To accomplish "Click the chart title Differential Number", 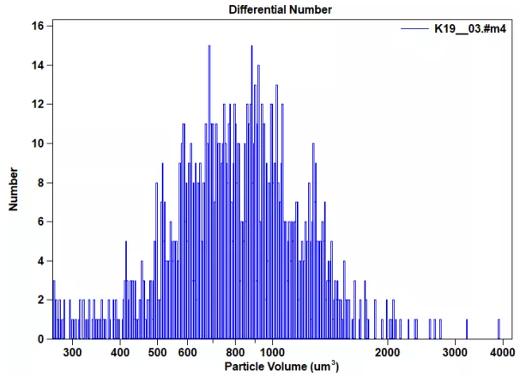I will [x=281, y=9].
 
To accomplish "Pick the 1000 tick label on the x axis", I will [x=272, y=352].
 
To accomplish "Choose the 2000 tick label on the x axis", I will [x=388, y=352].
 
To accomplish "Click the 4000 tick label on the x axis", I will [x=503, y=352].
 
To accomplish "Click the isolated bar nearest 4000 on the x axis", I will [x=499, y=329].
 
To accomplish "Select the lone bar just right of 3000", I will [x=466, y=329].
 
